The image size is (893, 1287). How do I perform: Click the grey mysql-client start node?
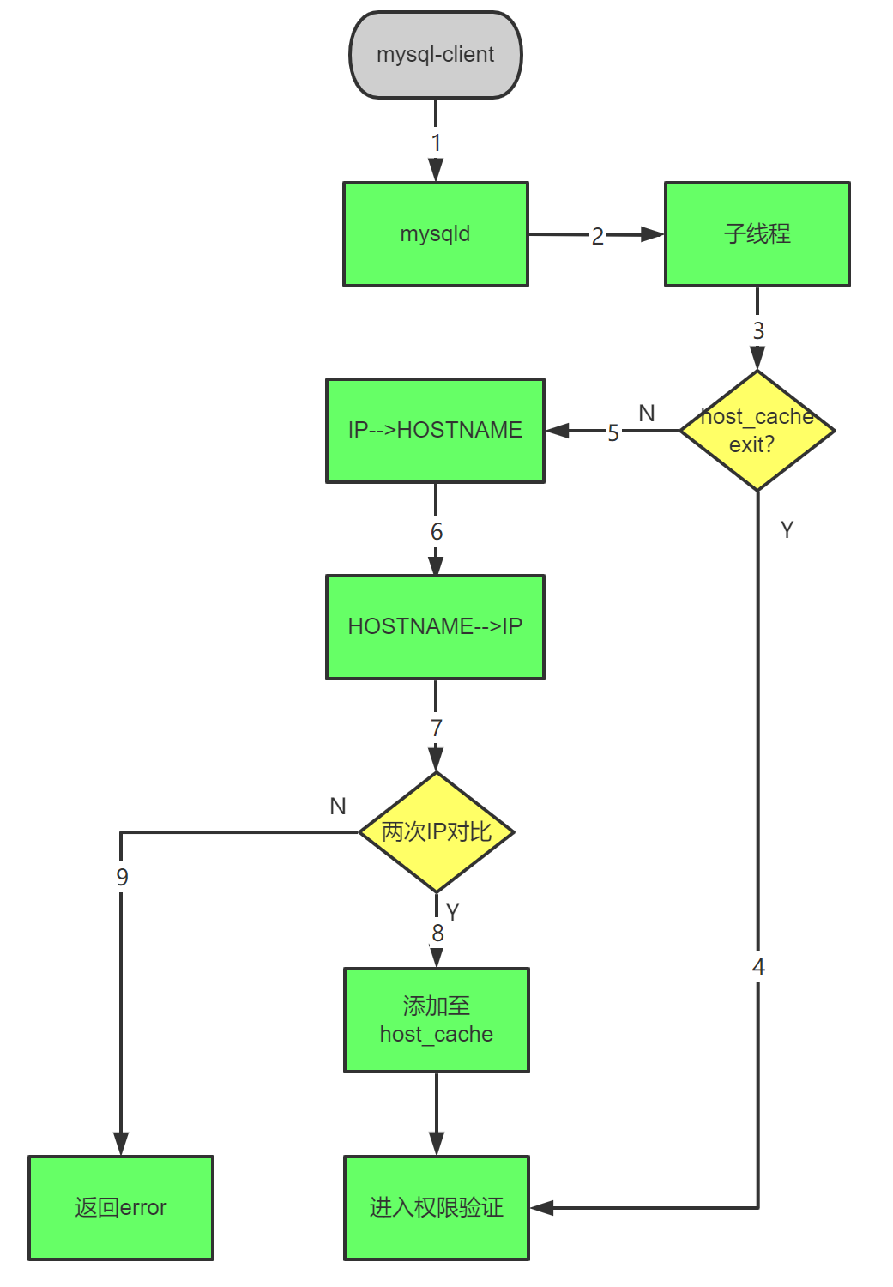coord(435,55)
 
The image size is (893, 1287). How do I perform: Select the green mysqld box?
coord(435,233)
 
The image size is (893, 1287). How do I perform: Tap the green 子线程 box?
coord(757,233)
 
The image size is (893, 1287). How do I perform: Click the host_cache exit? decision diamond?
coord(757,431)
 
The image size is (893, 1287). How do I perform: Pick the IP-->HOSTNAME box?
coord(435,430)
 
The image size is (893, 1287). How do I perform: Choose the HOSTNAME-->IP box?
coord(435,626)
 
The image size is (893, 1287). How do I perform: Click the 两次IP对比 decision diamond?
coord(436,831)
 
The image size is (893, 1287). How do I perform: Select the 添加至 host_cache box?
coord(436,1019)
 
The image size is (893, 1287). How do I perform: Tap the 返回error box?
coord(121,1207)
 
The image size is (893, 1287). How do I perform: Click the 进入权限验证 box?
coord(436,1207)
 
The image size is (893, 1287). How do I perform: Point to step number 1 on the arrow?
coord(436,142)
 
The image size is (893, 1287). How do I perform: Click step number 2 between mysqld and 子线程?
coord(597,236)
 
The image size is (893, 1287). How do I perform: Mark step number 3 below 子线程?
coord(757,330)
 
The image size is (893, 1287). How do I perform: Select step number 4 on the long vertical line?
coord(758,967)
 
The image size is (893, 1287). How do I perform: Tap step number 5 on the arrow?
coord(612,432)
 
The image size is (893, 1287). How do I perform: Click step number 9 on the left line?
coord(122,877)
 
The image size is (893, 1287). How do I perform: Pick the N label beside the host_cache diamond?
coord(647,414)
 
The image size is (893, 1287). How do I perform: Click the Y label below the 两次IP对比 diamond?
coord(453,912)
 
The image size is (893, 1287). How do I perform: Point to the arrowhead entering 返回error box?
coord(121,1145)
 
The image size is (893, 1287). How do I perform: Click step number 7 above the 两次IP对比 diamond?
coord(436,728)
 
